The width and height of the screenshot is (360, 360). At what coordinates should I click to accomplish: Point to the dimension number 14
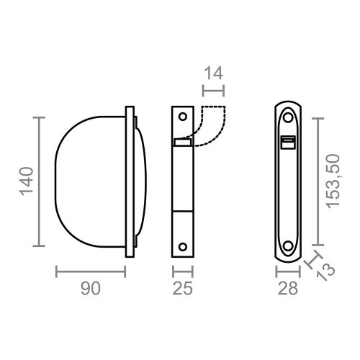213,73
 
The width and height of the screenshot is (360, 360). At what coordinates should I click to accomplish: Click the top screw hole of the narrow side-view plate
183,117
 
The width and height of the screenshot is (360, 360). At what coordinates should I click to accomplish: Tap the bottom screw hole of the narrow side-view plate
183,245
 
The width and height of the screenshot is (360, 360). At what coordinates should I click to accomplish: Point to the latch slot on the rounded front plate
289,142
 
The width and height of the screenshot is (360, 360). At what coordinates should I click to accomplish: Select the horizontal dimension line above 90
90,271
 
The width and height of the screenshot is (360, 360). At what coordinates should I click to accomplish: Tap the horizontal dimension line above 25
183,271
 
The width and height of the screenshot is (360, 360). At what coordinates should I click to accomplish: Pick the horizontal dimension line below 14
213,90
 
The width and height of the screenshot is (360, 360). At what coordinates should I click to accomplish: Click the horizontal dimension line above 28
289,271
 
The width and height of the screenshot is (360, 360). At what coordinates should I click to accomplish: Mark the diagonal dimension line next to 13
312,261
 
